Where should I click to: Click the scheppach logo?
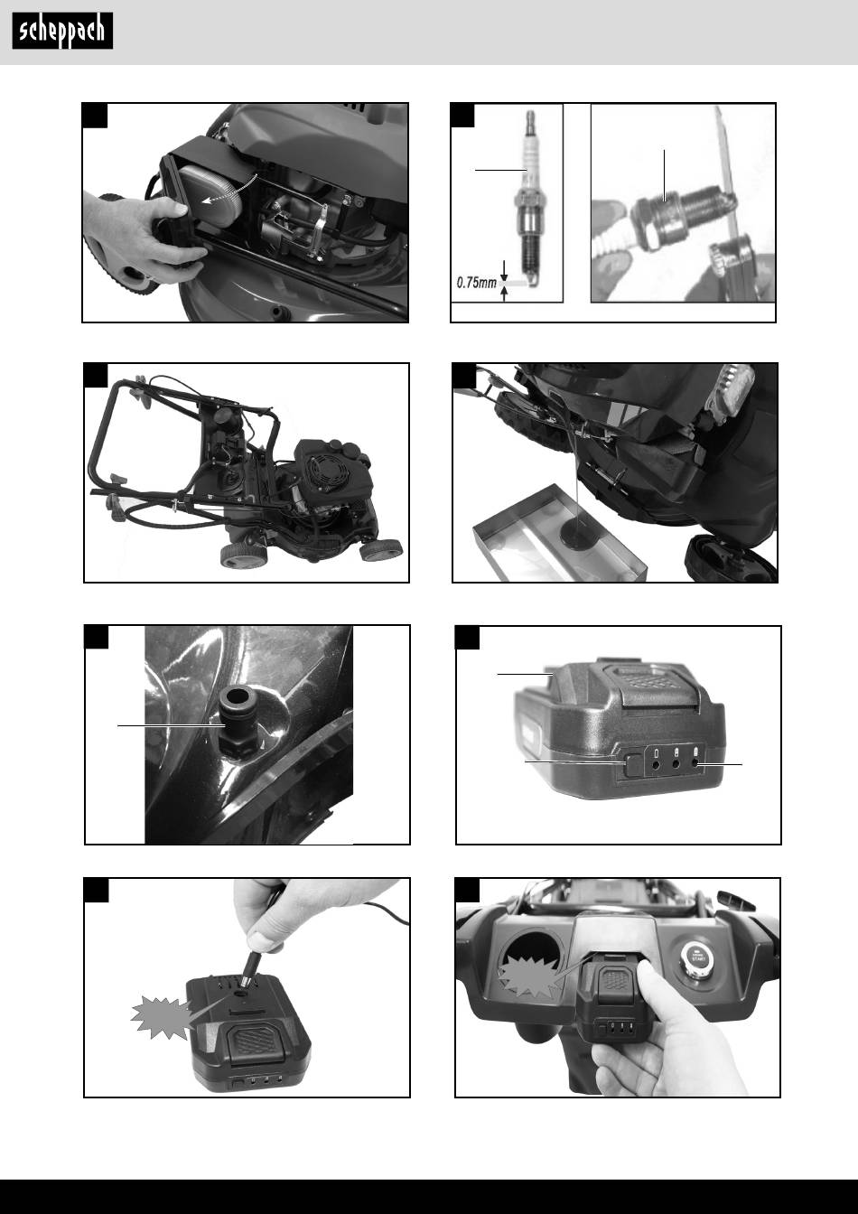click(62, 31)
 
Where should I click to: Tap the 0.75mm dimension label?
click(477, 283)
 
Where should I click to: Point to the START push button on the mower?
click(695, 956)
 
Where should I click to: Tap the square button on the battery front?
click(632, 764)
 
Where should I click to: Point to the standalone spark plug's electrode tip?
click(532, 281)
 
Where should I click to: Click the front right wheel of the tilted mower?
click(381, 549)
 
